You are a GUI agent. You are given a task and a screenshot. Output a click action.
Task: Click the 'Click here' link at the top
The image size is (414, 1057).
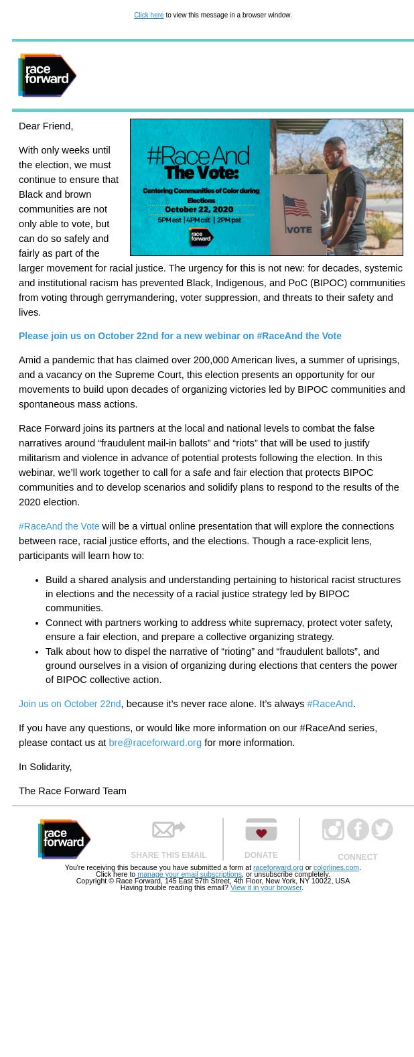coord(149,15)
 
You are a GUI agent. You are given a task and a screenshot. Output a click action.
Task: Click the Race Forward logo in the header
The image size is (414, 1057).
coord(47,75)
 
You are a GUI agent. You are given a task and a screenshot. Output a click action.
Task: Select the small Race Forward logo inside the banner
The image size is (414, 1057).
coord(200,237)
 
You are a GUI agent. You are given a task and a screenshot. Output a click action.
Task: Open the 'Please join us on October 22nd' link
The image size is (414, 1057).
coord(180,336)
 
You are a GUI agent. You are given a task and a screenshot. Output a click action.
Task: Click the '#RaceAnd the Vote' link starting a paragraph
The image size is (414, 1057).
coord(59,526)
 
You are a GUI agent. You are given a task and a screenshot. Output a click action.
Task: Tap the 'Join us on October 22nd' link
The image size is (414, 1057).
coord(70,704)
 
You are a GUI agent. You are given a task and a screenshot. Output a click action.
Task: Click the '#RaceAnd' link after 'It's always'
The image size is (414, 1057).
coord(330,704)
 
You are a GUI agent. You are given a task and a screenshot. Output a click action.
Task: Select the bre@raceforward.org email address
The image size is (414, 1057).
coord(155,743)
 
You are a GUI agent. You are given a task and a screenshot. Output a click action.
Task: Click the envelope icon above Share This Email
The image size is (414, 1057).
coord(168,830)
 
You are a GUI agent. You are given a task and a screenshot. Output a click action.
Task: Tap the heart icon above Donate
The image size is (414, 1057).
coord(261,830)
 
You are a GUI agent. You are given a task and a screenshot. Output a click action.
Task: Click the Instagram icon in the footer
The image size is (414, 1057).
coord(333,829)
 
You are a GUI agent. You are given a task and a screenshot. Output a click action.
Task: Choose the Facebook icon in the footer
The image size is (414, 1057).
coord(358,829)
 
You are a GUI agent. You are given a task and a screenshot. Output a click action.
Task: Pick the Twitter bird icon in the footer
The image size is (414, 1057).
coord(382,829)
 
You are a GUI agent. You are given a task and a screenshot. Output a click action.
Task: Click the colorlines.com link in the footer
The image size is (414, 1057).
coord(336,867)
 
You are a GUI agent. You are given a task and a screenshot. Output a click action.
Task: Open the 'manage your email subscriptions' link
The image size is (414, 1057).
coord(190,874)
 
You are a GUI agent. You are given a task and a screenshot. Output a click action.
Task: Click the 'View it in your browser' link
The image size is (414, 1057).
coord(266,887)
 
